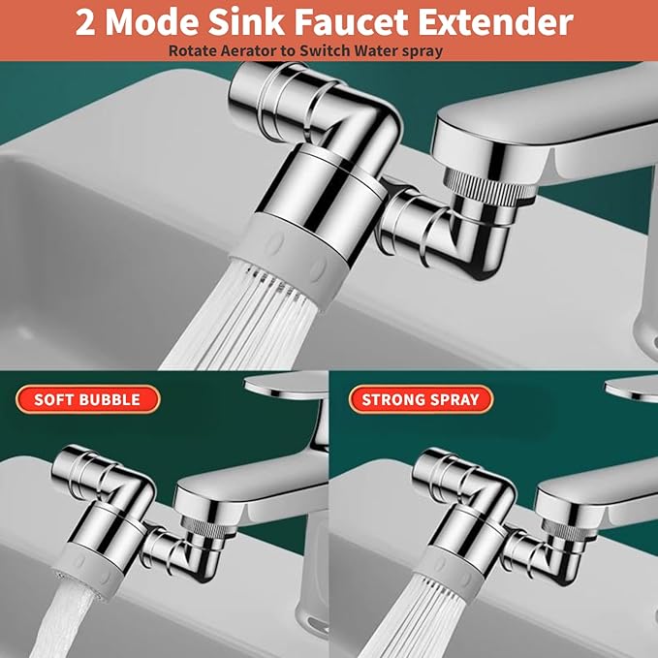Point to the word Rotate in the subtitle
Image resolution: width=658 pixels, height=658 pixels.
click(x=193, y=50)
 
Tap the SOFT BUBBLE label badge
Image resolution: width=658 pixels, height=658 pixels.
click(x=87, y=399)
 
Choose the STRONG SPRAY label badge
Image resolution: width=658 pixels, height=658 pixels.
click(x=421, y=399)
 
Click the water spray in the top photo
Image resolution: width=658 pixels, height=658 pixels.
click(x=242, y=320)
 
